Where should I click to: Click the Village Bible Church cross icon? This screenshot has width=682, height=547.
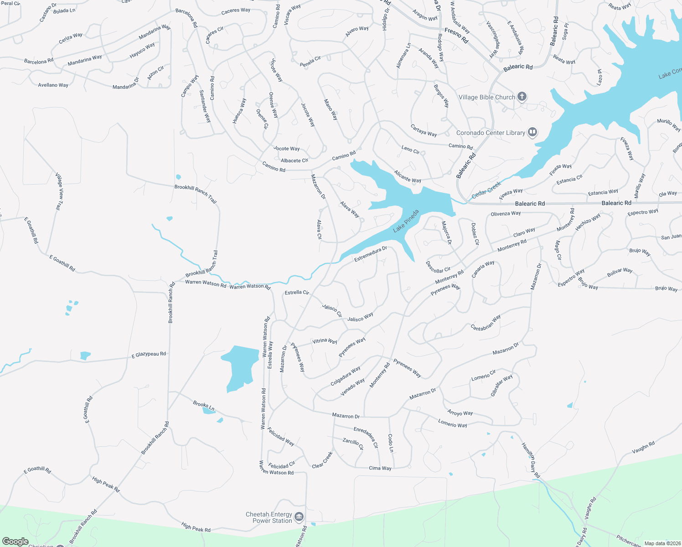(x=522, y=97)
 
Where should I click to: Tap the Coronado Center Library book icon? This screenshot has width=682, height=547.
(x=532, y=133)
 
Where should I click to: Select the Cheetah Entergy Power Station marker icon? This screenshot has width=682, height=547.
(x=299, y=517)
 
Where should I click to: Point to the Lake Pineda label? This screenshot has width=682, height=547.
(x=406, y=221)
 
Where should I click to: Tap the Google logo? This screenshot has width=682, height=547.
(x=15, y=542)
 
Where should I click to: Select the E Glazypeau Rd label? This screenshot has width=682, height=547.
(x=149, y=355)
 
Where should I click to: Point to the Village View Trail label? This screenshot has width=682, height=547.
(x=59, y=191)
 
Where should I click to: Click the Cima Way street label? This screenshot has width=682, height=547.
(x=380, y=468)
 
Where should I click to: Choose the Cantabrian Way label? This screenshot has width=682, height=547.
(x=486, y=323)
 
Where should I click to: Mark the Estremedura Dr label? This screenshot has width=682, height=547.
(x=371, y=254)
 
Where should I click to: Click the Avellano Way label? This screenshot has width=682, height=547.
(x=53, y=85)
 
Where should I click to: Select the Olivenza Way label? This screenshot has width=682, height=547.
(x=506, y=214)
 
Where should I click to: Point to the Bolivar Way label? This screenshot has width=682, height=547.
(x=620, y=273)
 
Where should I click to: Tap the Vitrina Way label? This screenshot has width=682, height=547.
(x=325, y=341)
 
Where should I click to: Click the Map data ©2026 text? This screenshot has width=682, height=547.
(x=662, y=543)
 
